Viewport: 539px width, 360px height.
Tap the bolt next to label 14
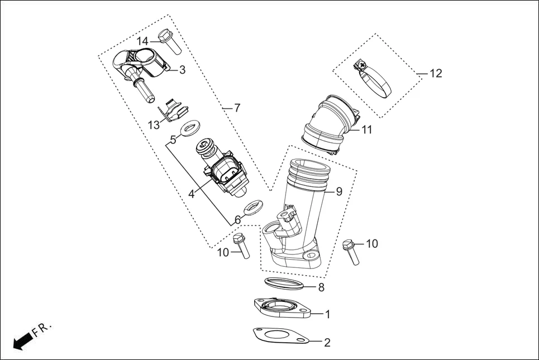pyautogui.click(x=169, y=41)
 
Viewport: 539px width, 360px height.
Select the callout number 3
pyautogui.click(x=182, y=70)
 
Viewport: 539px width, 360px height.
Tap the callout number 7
pyautogui.click(x=237, y=107)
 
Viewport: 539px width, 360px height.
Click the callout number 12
pyautogui.click(x=436, y=74)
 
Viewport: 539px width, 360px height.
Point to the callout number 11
pyautogui.click(x=366, y=130)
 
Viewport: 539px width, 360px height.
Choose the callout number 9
pyautogui.click(x=338, y=191)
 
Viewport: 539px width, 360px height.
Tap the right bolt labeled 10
pyautogui.click(x=351, y=252)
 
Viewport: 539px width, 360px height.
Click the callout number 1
pyautogui.click(x=327, y=314)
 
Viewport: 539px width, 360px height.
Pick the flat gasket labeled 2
pyautogui.click(x=279, y=337)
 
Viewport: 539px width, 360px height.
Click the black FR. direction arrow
pyautogui.click(x=22, y=340)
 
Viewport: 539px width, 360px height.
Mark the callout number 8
pyautogui.click(x=321, y=288)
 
